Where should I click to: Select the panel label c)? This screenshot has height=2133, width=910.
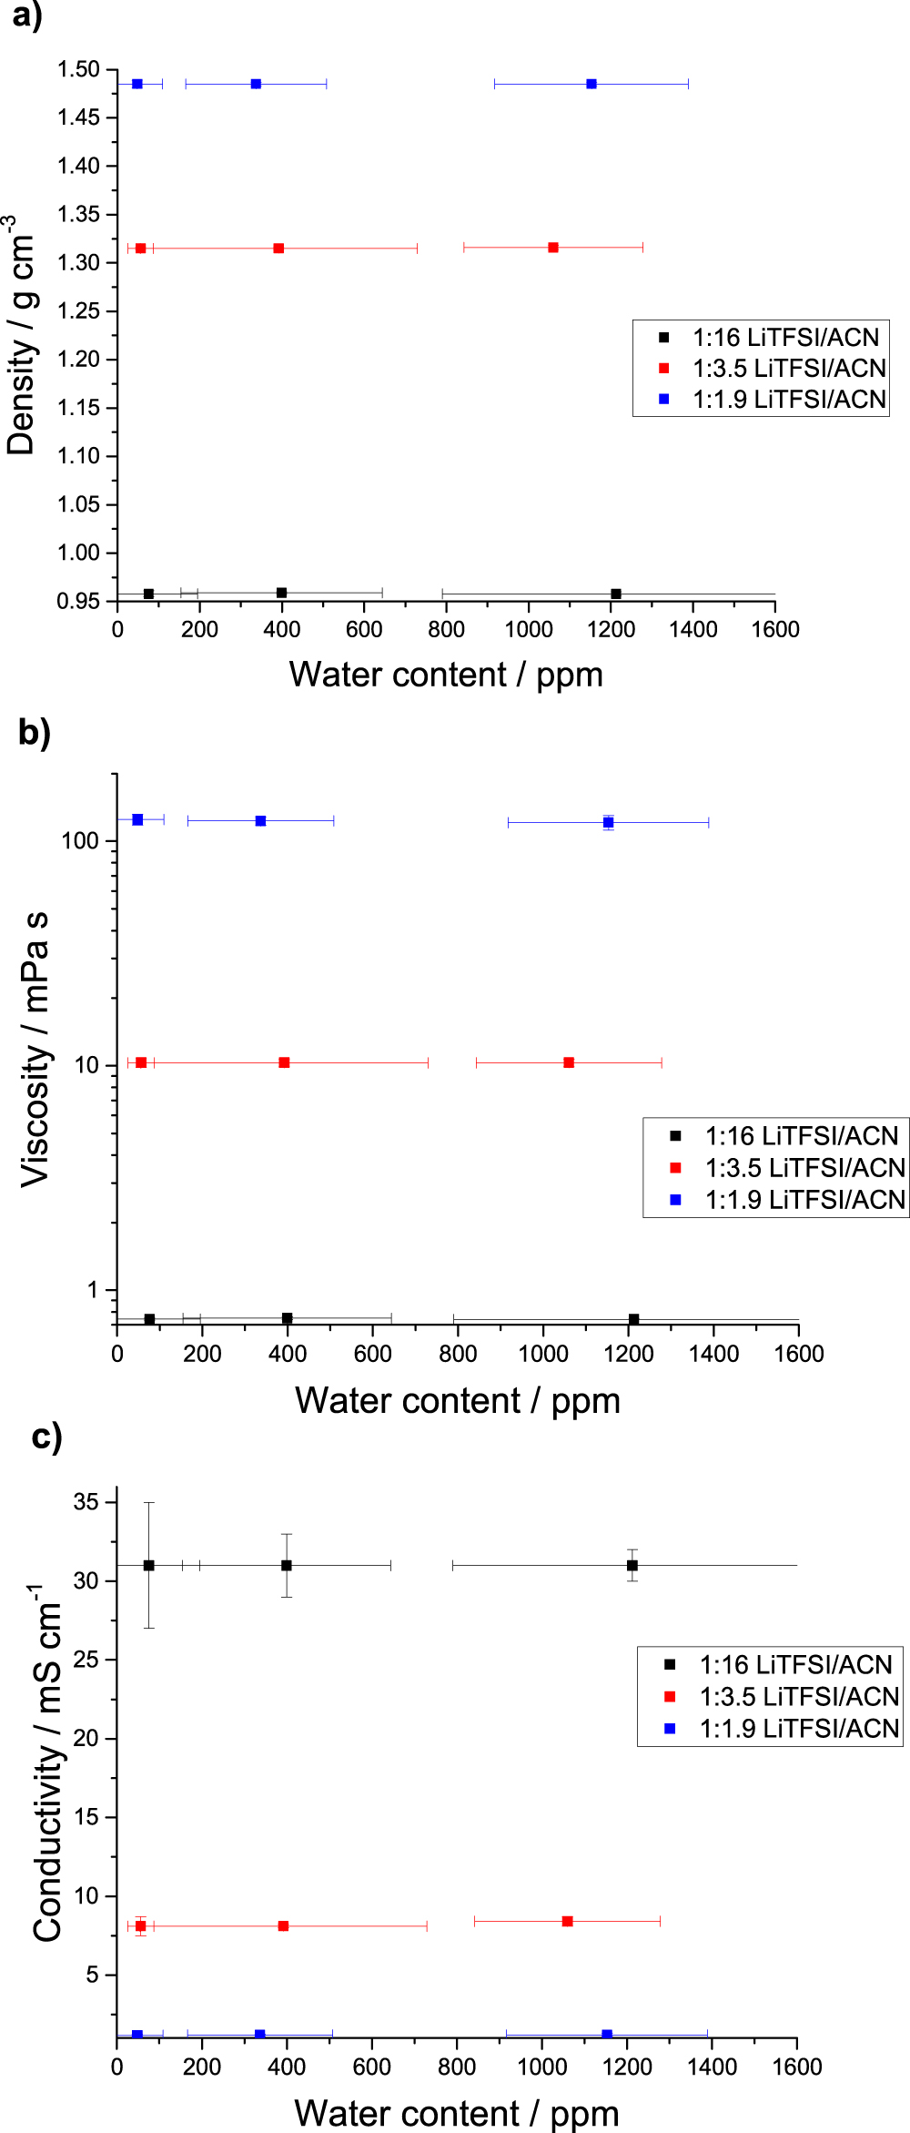tap(45, 1437)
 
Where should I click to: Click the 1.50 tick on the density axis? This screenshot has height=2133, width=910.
tap(78, 70)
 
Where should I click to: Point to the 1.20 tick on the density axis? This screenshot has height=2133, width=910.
tap(78, 360)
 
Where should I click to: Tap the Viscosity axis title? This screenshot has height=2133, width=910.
tap(35, 1049)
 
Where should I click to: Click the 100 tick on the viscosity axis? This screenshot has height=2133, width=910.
tap(79, 841)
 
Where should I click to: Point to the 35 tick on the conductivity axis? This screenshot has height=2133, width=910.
tap(86, 1501)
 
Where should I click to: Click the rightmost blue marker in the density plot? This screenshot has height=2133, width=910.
tap(591, 84)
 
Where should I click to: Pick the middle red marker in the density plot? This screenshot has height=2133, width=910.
tap(278, 249)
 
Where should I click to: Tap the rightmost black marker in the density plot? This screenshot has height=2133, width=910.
tap(616, 594)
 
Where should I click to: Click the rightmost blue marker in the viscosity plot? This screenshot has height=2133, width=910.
tap(608, 823)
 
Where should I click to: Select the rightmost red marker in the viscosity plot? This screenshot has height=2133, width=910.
tap(569, 1062)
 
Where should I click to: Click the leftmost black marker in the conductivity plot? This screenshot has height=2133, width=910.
tap(148, 1566)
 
